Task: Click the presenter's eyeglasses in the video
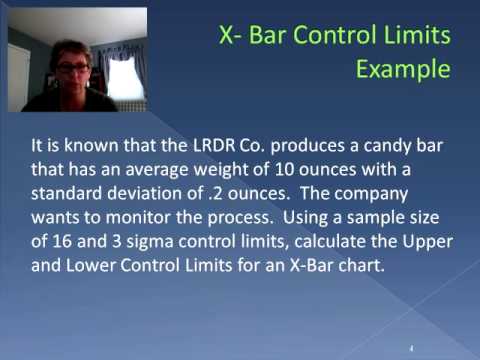(74, 66)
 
